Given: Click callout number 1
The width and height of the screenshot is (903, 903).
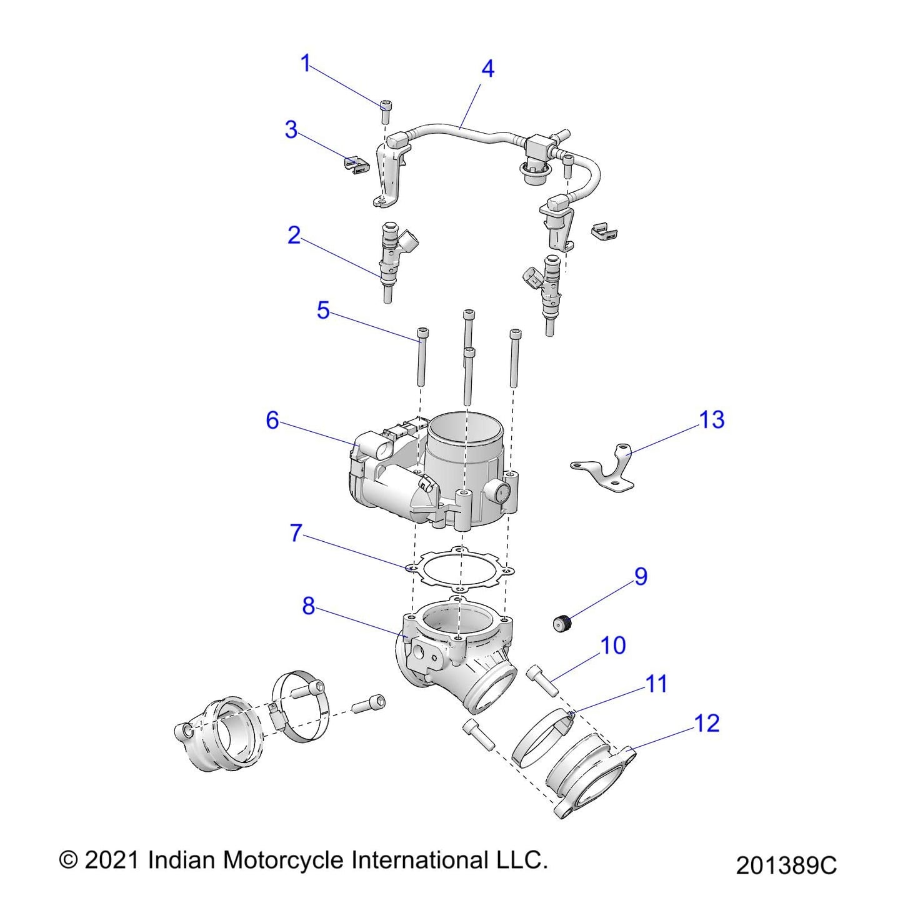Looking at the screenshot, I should [x=306, y=63].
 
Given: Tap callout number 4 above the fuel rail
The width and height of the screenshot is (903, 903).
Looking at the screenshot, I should [x=487, y=69].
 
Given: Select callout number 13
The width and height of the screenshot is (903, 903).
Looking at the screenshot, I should [x=712, y=420].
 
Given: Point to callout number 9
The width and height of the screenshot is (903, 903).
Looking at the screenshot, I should [x=641, y=576].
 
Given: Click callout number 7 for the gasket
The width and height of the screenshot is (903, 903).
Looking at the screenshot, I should [x=296, y=533].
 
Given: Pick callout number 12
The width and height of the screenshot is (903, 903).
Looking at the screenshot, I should [x=707, y=723].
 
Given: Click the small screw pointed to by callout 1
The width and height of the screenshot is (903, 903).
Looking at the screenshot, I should [x=386, y=112].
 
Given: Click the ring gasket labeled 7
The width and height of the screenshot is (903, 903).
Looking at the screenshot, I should [x=459, y=568].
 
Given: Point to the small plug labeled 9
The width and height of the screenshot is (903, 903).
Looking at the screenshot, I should [x=562, y=623].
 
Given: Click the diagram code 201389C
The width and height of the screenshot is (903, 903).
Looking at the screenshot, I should [x=786, y=866].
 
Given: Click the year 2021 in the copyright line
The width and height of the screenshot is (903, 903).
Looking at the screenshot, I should [x=111, y=860].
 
